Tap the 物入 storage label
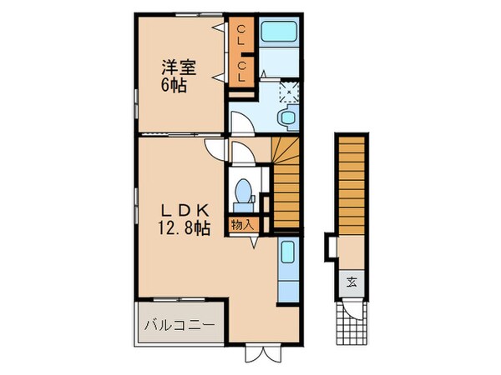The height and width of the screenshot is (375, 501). (244, 223)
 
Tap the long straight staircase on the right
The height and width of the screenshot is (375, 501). (352, 187)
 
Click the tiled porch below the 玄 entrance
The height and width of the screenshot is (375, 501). (350, 324)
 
